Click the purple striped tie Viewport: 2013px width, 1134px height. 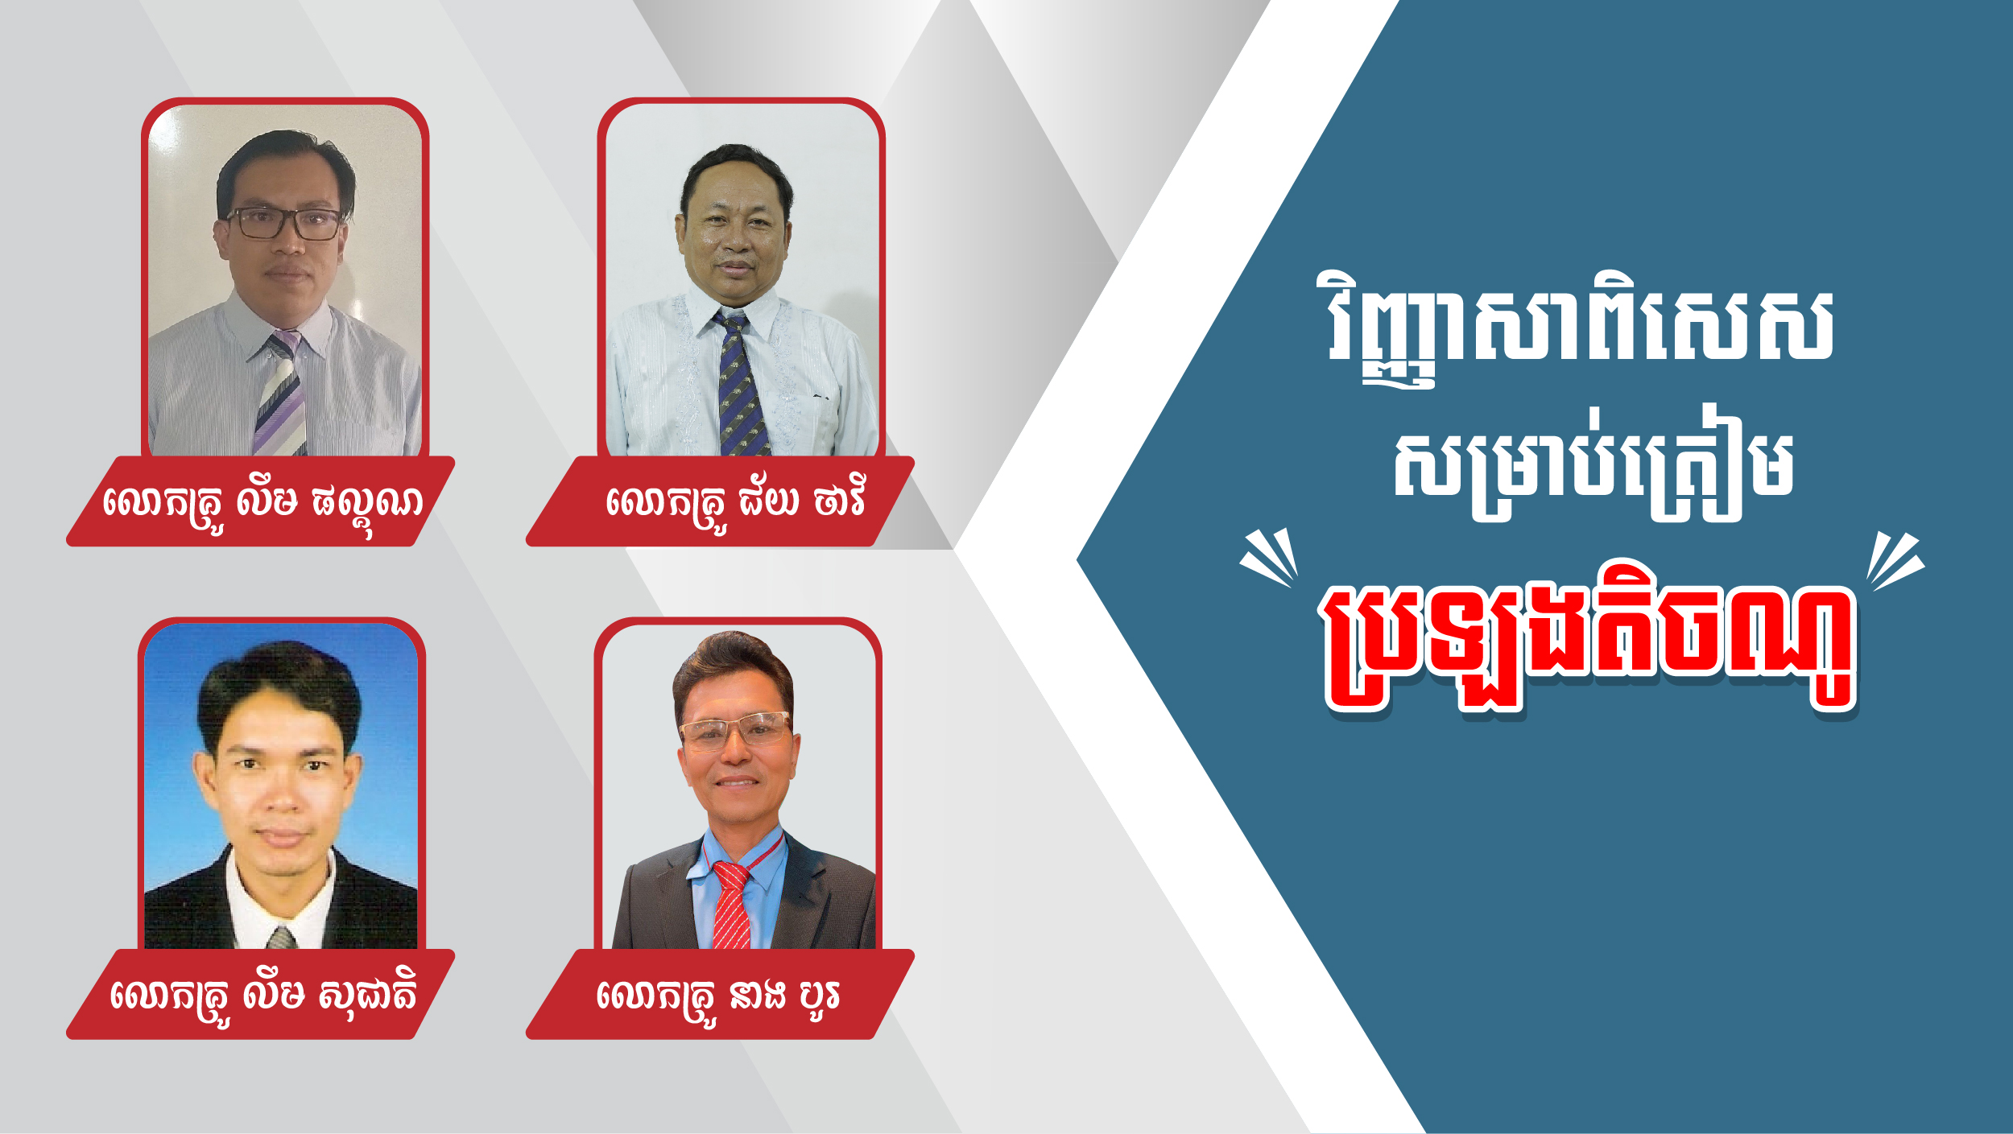click(280, 394)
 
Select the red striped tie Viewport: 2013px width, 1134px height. click(732, 905)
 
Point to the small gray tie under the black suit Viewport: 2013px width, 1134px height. click(281, 938)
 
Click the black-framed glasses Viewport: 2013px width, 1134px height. click(284, 223)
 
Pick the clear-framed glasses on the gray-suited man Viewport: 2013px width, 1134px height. click(734, 729)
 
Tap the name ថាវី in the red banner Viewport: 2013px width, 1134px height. click(839, 501)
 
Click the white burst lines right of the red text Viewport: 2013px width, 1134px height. click(1894, 561)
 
